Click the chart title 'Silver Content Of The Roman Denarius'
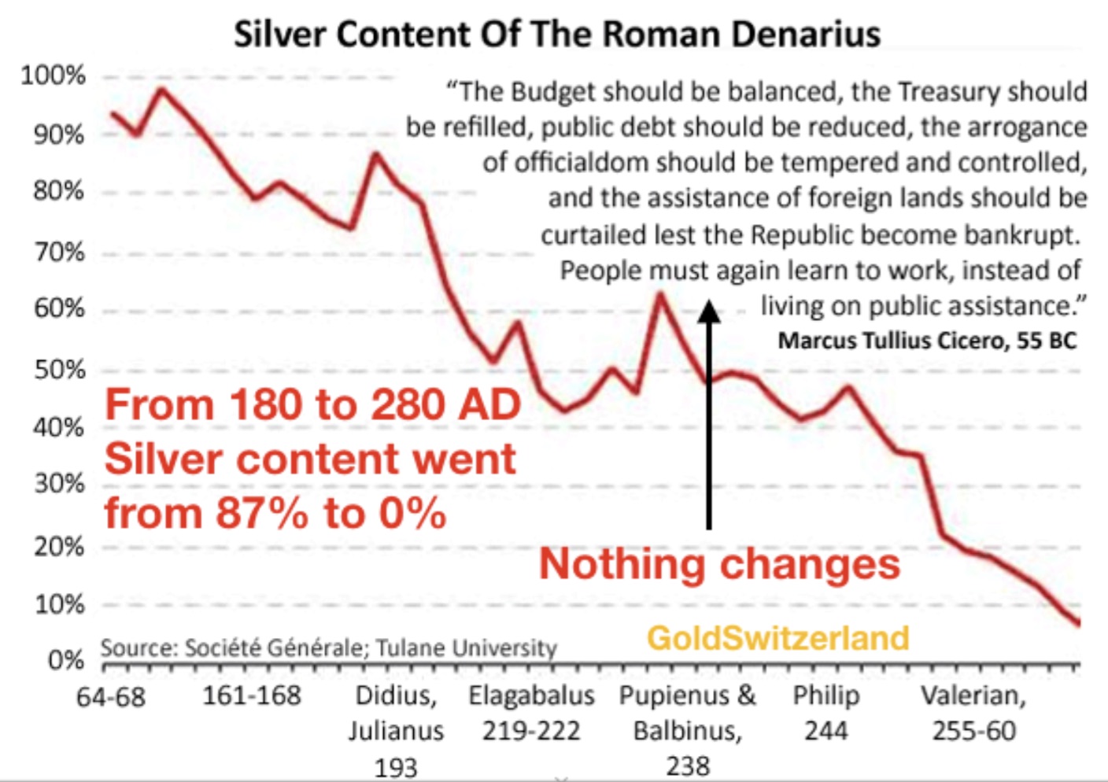pos(556,35)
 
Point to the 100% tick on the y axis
pos(53,76)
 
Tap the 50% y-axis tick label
pos(59,369)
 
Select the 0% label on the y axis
pos(65,659)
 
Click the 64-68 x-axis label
pos(111,697)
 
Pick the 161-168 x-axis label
pos(252,695)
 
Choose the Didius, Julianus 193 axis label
pos(396,731)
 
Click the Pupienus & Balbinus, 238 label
pos(687,730)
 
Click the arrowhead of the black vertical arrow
pos(709,312)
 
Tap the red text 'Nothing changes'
pos(719,564)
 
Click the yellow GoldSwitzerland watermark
pos(777,637)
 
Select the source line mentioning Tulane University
pos(328,647)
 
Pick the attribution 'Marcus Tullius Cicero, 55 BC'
pos(927,341)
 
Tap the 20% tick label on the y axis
pos(59,545)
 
